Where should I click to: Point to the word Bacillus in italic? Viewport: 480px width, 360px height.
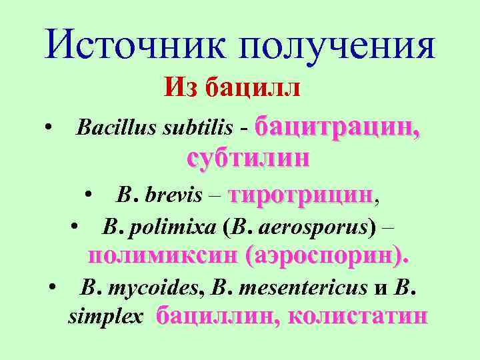tap(117, 126)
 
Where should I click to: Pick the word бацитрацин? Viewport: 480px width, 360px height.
tap(337, 126)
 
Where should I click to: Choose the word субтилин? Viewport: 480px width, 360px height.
tap(249, 158)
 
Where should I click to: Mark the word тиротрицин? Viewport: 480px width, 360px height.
tap(301, 195)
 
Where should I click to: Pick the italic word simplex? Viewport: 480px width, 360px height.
tap(105, 317)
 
